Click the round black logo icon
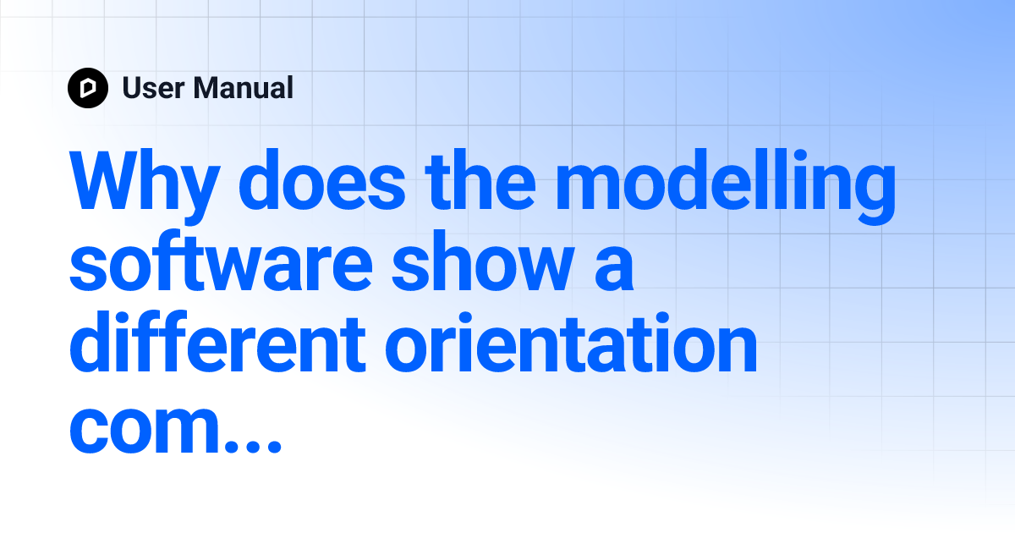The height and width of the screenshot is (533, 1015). (88, 88)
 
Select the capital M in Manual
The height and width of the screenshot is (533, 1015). (205, 88)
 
